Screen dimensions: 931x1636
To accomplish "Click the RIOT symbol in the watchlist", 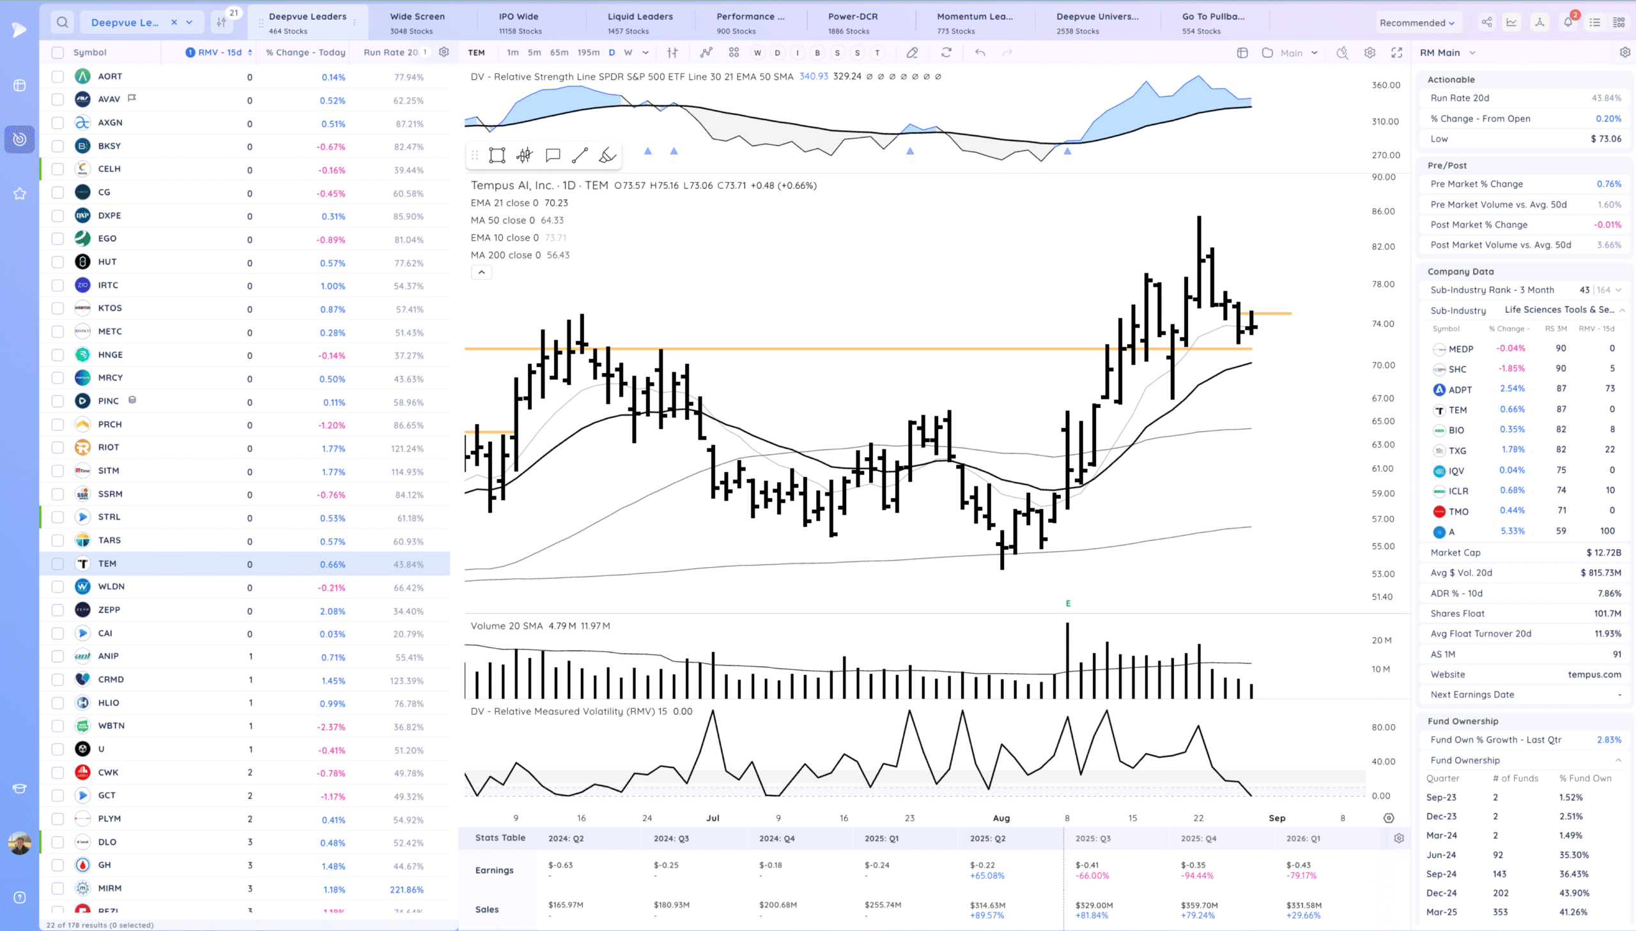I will [x=108, y=448].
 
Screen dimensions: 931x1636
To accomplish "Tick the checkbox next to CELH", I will [x=58, y=169].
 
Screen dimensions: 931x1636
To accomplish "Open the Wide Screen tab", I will [x=417, y=22].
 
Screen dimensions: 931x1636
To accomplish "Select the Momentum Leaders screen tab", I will [x=974, y=22].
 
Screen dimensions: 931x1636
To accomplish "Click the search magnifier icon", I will [x=62, y=22].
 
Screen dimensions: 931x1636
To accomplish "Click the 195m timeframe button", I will [x=588, y=52].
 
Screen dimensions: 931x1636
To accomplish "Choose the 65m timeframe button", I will [x=559, y=52].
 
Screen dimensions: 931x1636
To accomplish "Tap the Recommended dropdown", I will [x=1416, y=23].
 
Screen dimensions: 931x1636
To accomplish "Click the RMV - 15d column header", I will [x=219, y=52].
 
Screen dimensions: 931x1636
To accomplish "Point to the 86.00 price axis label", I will [x=1383, y=211].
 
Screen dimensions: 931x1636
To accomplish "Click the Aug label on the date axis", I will [x=1001, y=818].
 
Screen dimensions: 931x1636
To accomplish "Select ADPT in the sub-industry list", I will [x=1460, y=390].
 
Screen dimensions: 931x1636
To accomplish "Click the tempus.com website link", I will [x=1594, y=674].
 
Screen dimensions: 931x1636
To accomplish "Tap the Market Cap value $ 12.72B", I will [x=1603, y=552].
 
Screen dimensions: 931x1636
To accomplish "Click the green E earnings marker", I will [x=1068, y=603].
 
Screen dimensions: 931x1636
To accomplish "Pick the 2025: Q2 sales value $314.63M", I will [x=987, y=905].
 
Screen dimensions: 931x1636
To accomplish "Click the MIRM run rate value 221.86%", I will [x=406, y=889].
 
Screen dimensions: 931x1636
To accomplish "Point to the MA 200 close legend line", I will [x=520, y=255].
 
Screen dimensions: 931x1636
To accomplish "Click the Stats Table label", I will [x=500, y=838].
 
